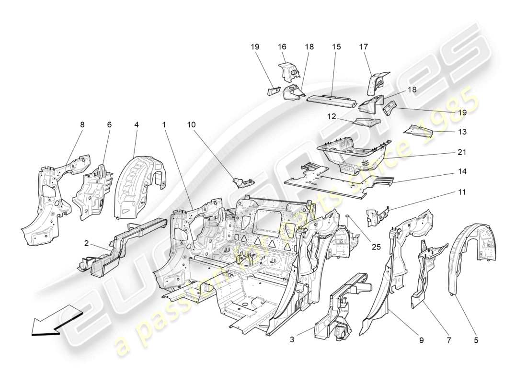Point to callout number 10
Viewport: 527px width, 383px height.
191,125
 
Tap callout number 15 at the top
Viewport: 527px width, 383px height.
336,46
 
